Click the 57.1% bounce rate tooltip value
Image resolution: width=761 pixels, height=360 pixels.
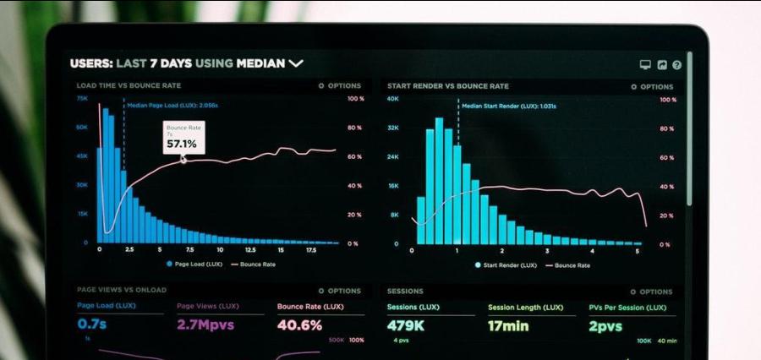coord(181,144)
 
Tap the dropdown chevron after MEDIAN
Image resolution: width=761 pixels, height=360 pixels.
coord(295,63)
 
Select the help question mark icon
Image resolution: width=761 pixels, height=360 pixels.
coord(676,64)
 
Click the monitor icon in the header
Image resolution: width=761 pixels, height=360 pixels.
coord(645,64)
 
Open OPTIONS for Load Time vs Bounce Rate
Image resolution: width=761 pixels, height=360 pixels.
coord(340,86)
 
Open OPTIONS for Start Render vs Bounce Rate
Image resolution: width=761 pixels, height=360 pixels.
coord(652,86)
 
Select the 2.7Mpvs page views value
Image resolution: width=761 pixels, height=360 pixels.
coord(205,325)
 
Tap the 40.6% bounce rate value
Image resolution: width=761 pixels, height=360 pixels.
coord(299,325)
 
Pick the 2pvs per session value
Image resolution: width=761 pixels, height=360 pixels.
coord(605,325)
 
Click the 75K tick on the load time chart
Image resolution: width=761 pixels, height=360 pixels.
coord(82,99)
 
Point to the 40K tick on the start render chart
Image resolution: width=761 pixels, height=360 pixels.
coord(392,99)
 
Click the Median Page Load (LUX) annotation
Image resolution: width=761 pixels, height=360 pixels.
coord(172,106)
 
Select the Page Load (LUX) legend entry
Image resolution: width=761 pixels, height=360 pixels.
coord(194,265)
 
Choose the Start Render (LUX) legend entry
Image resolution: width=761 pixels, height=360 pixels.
coord(506,265)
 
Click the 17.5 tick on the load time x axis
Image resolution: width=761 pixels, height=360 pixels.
coord(309,250)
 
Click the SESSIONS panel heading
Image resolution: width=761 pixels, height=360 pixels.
coord(405,291)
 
